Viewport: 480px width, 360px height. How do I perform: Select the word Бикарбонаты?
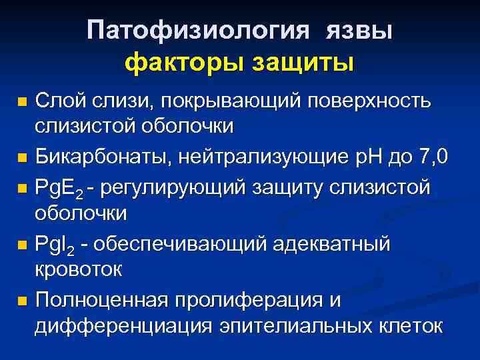99,158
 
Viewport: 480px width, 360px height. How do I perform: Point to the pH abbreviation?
367,158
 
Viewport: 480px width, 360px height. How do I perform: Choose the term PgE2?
59,188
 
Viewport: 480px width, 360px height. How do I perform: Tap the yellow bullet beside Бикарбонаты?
22,159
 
